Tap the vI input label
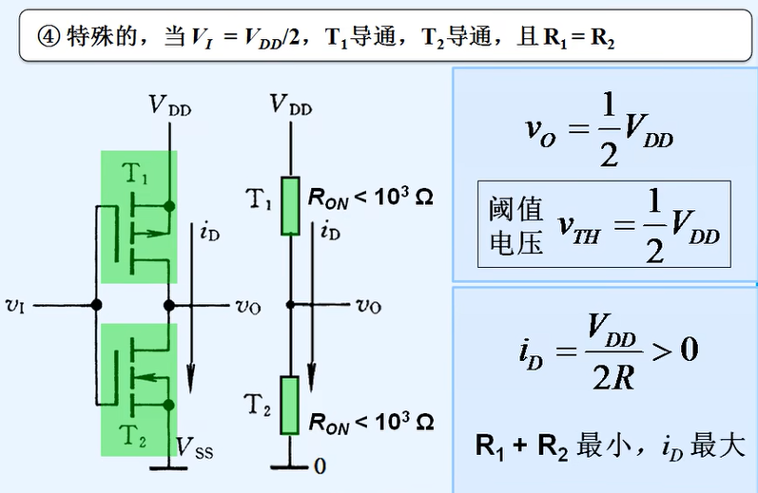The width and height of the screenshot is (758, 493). (16, 305)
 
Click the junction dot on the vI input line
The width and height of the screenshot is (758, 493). (96, 305)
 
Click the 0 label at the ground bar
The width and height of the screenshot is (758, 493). (321, 466)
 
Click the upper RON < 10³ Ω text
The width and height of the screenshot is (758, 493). (370, 199)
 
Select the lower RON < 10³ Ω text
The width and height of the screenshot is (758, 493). (370, 420)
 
